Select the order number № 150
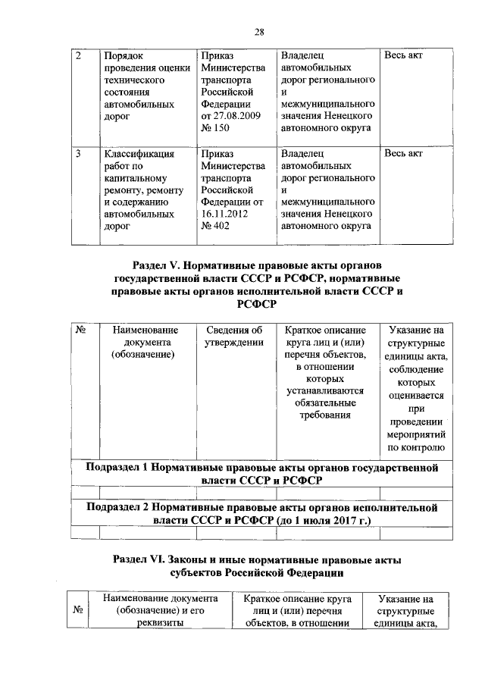(x=215, y=129)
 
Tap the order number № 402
(x=215, y=226)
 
